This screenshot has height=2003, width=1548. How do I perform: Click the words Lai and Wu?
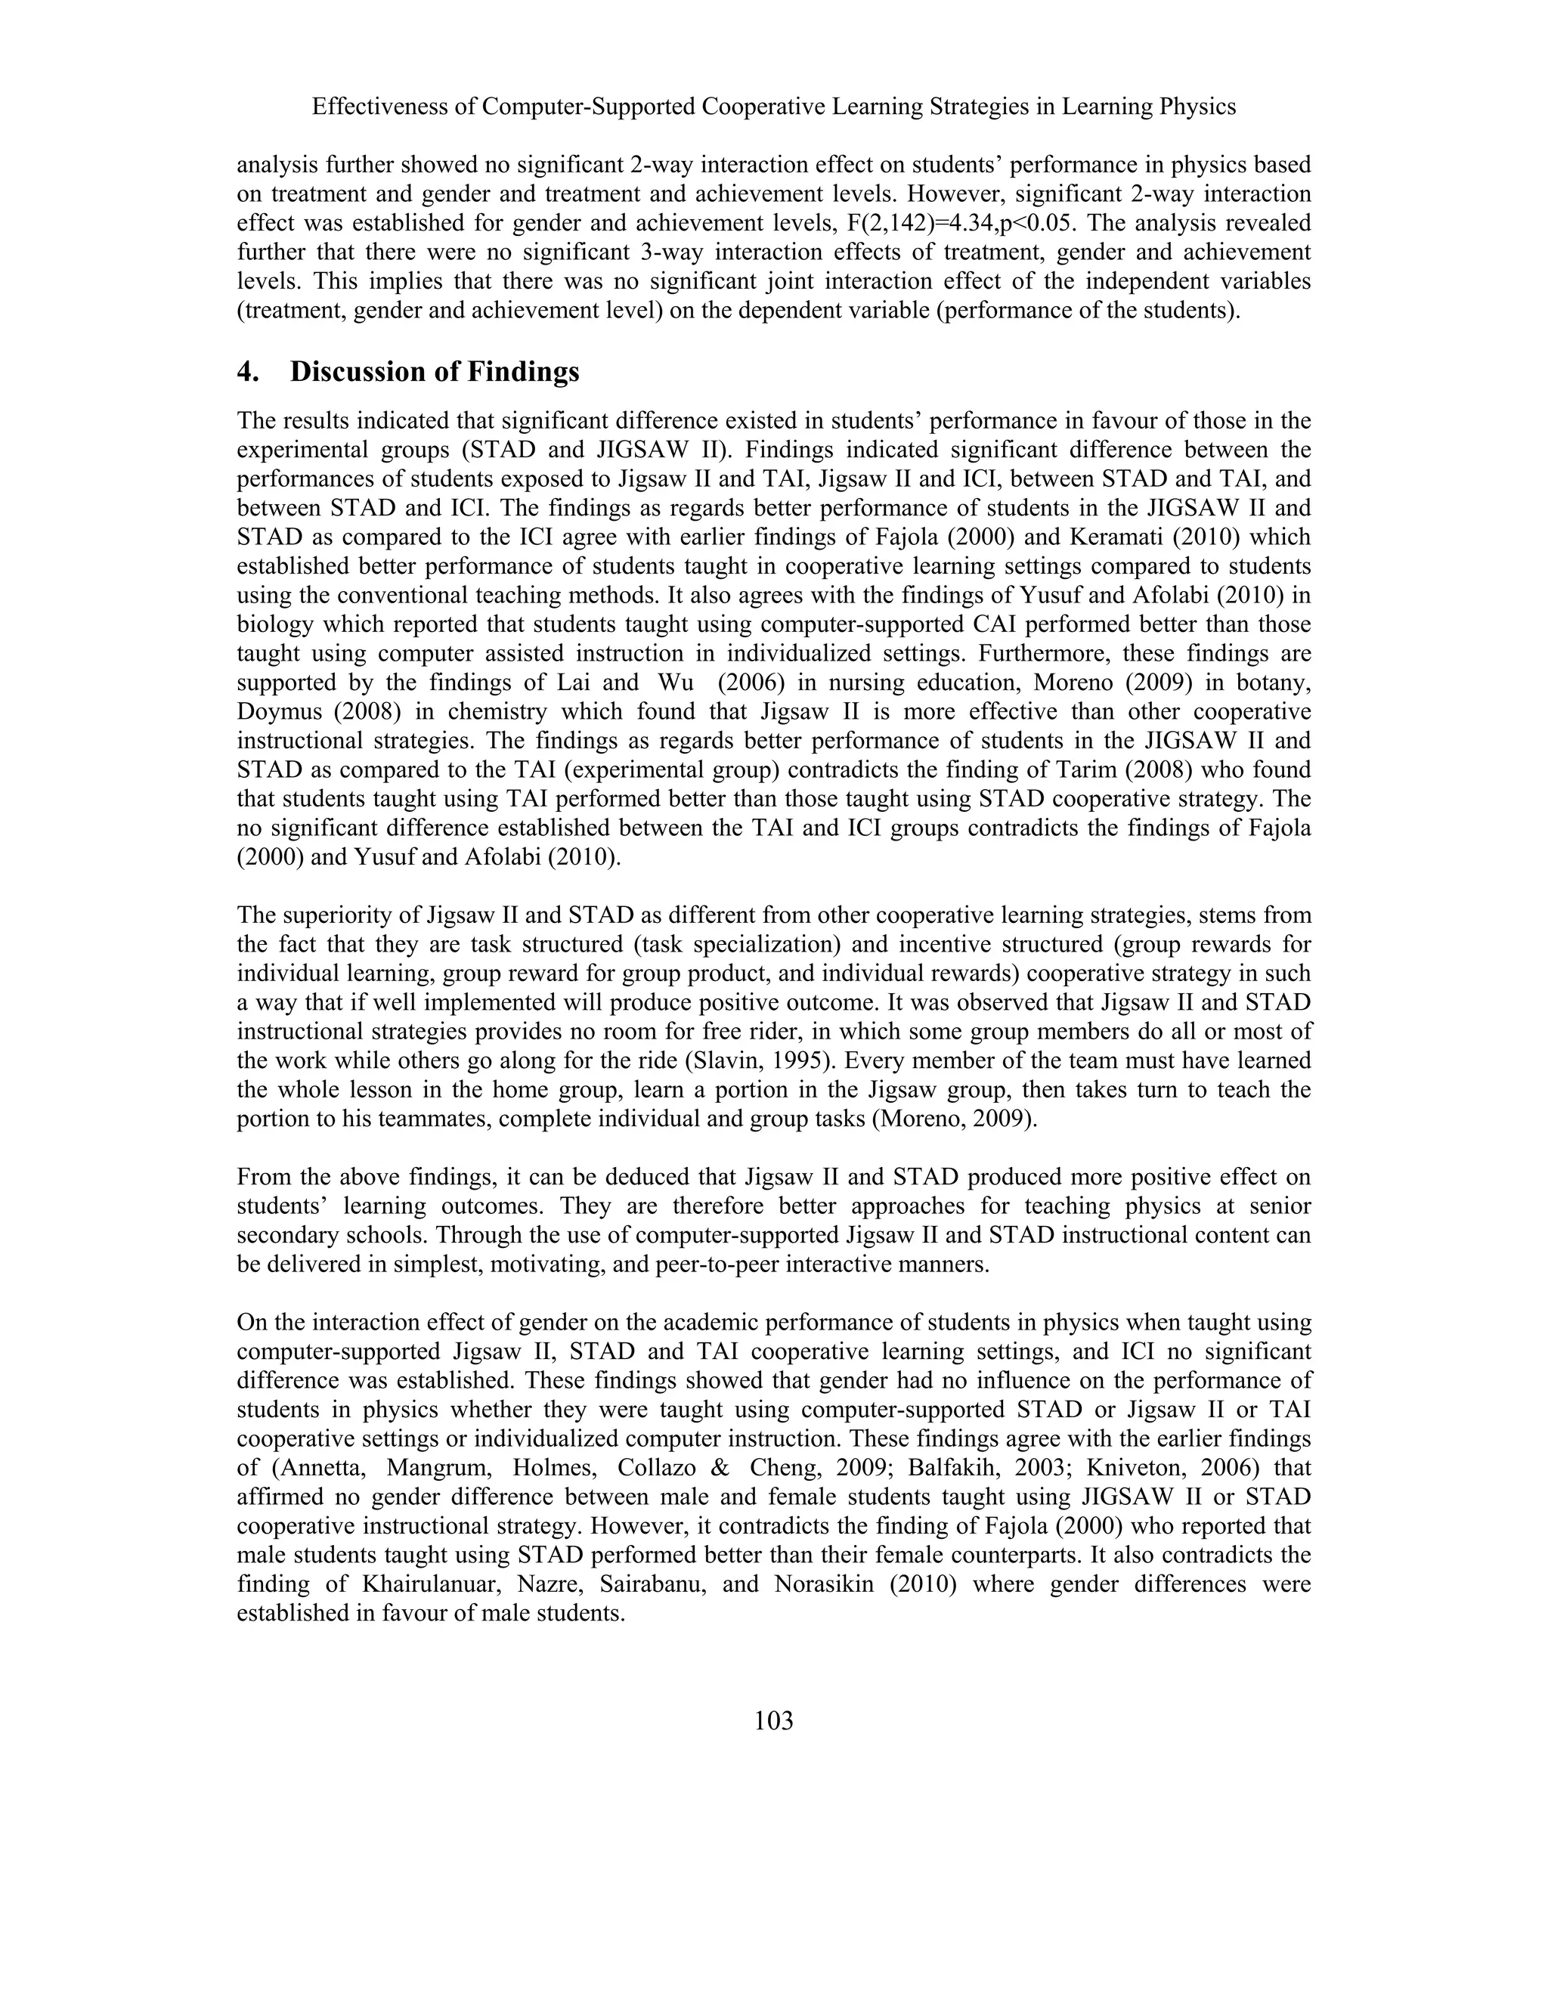(x=620, y=683)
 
